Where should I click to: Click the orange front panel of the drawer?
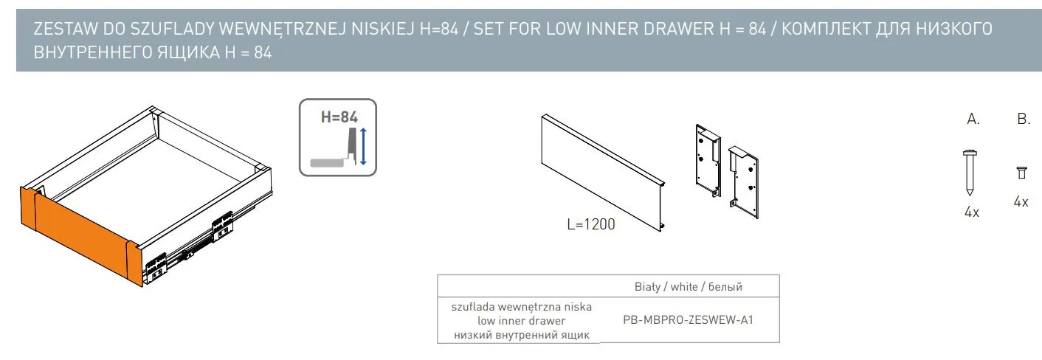(81, 235)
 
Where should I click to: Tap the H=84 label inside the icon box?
(339, 117)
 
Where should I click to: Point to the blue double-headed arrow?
(363, 146)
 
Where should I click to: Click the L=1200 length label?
(591, 224)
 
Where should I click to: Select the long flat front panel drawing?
(604, 173)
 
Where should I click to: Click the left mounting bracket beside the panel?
(708, 160)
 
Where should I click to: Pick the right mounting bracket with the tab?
(744, 182)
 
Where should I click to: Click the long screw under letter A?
(970, 172)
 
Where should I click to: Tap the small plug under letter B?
(1021, 173)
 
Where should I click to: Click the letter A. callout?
(973, 119)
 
